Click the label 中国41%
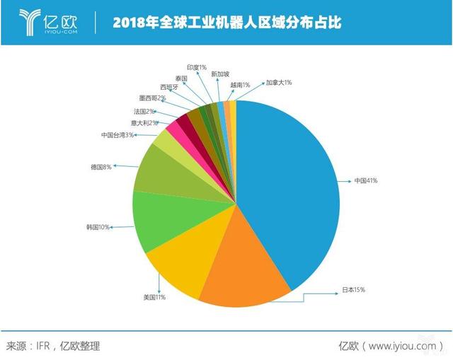366,181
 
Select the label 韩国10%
99,227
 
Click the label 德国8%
101,167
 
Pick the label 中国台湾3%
117,134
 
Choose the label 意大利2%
135,122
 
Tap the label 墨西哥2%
152,98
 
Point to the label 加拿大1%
278,82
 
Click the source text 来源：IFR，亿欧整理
53,345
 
